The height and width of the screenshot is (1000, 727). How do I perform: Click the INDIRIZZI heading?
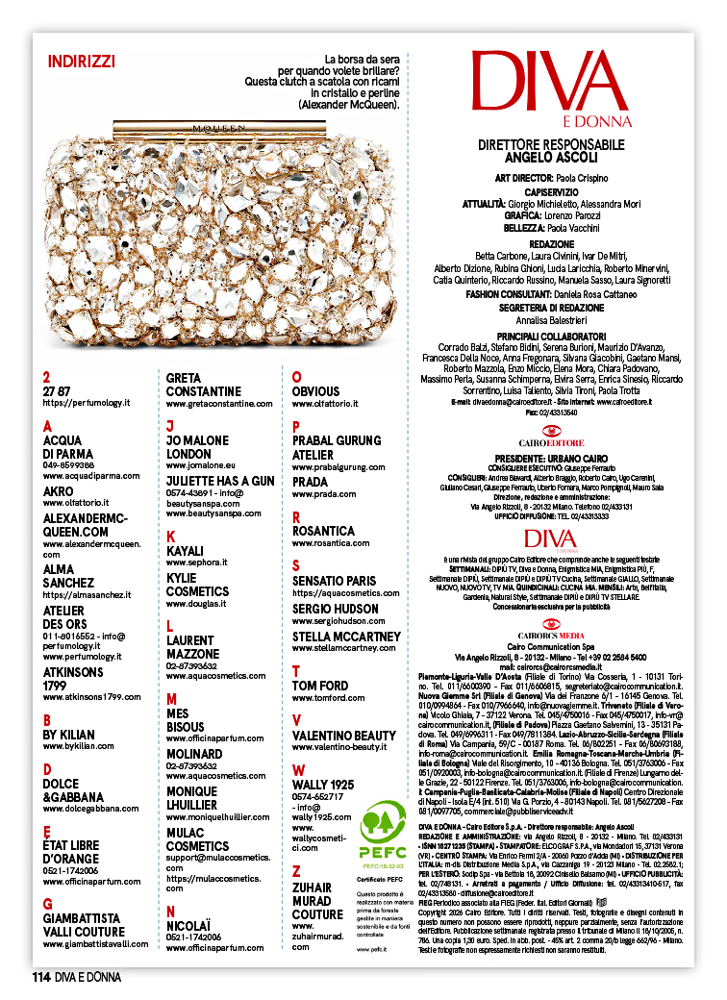tap(81, 62)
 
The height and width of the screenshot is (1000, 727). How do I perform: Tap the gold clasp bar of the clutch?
tap(213, 126)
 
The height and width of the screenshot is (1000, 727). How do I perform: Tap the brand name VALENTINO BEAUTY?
tap(343, 736)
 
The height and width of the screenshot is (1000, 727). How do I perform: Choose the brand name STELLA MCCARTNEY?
tap(346, 637)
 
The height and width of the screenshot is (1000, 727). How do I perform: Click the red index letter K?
tap(171, 536)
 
